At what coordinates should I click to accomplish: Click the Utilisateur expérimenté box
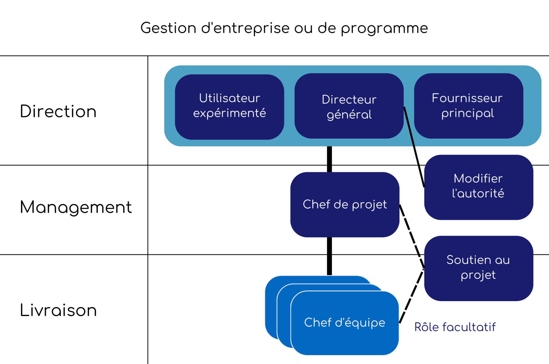point(229,107)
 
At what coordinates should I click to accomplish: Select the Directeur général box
point(349,106)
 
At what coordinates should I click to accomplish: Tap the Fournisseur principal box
point(469,106)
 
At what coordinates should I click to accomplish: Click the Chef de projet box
point(345,205)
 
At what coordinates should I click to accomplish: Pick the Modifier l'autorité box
point(478,187)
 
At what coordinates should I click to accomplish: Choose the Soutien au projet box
point(478,268)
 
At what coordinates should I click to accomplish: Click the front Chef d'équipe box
point(345,323)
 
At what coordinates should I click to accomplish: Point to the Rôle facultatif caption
point(455,327)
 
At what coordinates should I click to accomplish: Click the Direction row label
point(58,111)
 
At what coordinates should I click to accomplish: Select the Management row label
point(76,207)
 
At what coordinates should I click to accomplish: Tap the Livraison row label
point(58,310)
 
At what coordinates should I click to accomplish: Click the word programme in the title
point(384,28)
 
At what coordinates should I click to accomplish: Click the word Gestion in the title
point(168,28)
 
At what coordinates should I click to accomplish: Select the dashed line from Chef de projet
point(412,236)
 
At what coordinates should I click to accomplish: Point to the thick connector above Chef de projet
point(329,159)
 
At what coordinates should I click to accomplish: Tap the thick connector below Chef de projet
point(329,256)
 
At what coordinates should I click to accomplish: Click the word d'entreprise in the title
point(245,28)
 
